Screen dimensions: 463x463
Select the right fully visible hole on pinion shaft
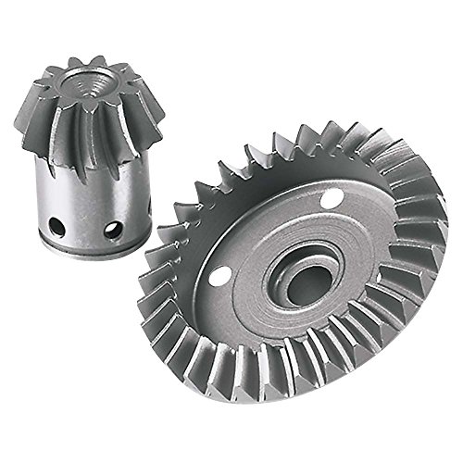[x=113, y=230]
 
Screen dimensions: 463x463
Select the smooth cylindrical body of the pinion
[x=88, y=199]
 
